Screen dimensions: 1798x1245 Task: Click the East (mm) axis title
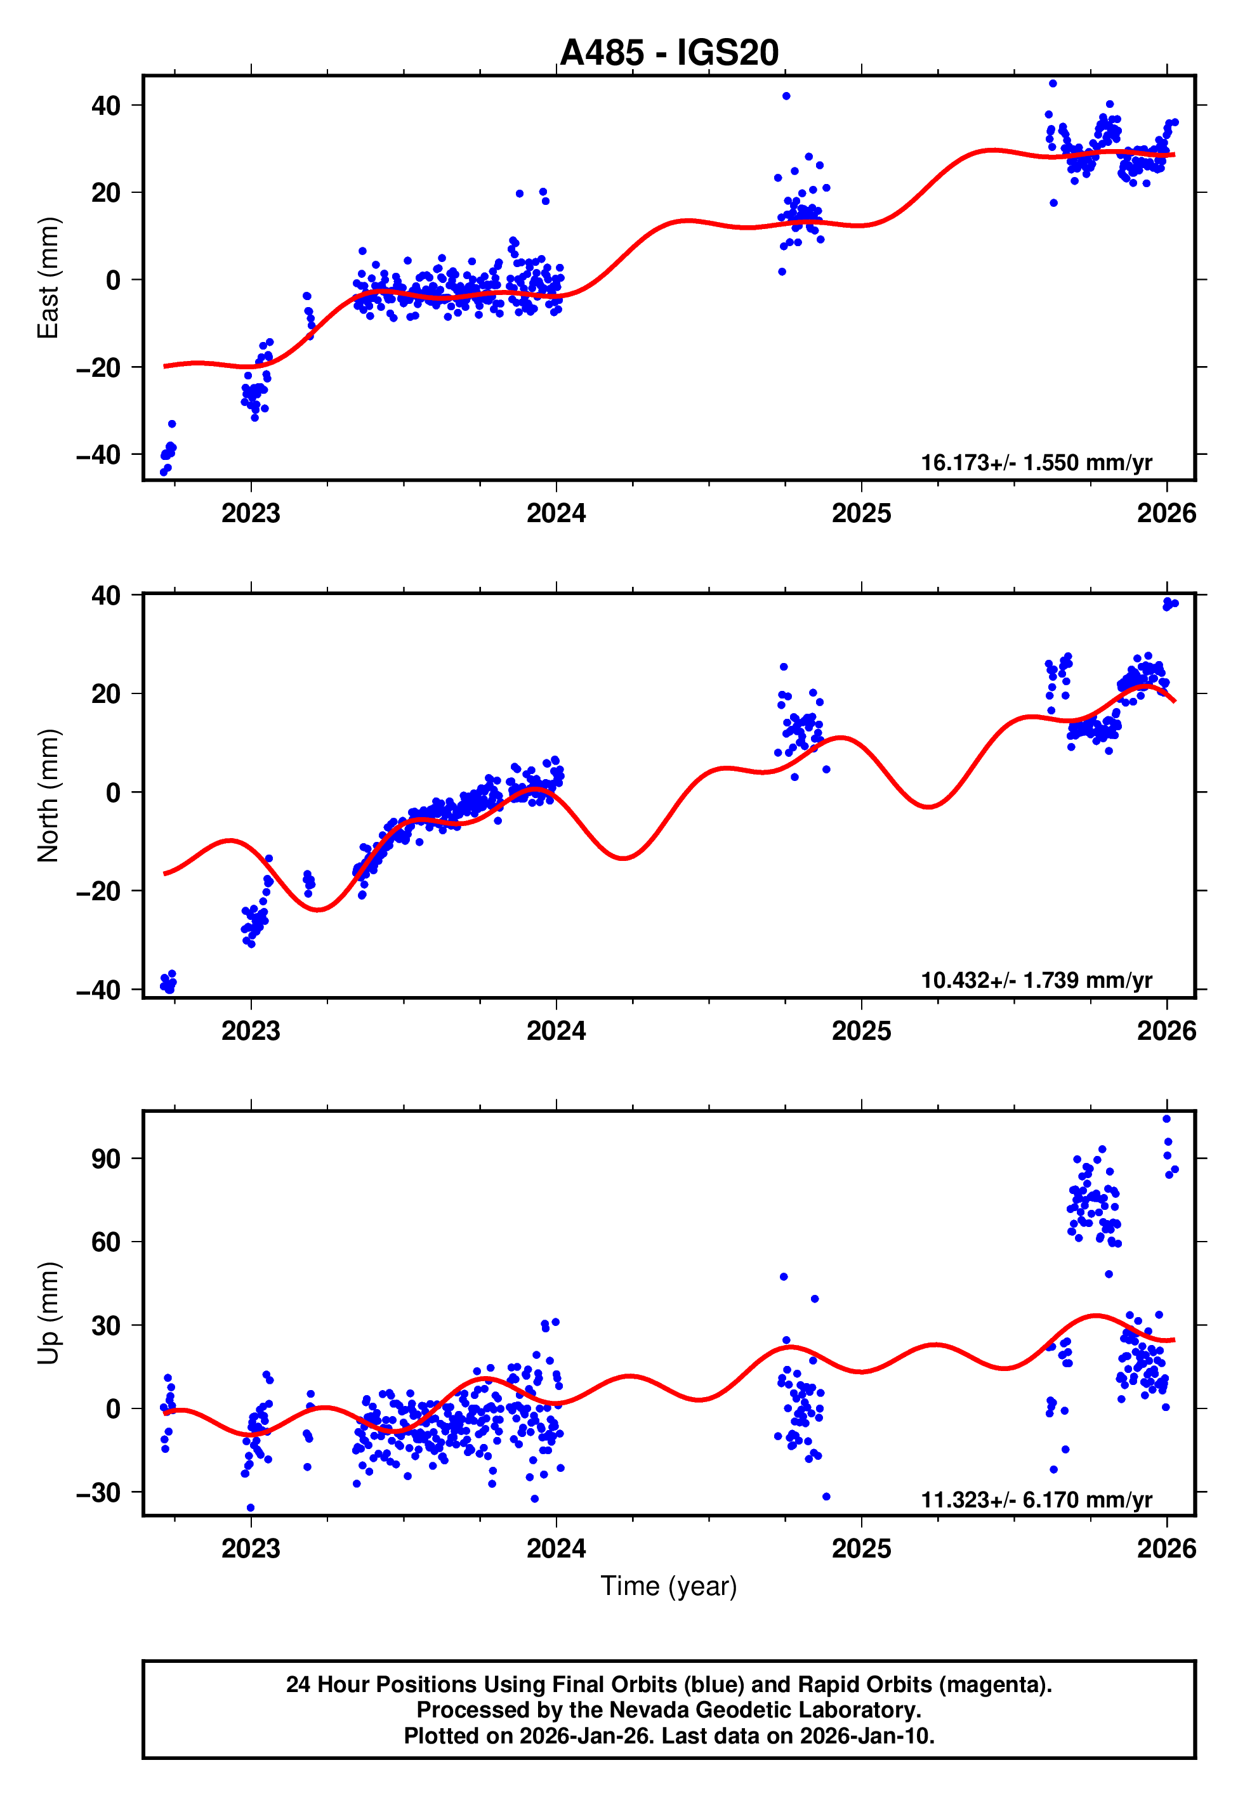(48, 278)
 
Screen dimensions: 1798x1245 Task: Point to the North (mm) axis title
(48, 796)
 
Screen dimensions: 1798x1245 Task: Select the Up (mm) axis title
(48, 1313)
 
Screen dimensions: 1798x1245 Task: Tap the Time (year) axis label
(669, 1586)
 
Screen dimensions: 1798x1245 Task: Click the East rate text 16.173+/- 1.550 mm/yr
(1036, 463)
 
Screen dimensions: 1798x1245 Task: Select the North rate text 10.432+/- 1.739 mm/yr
(1036, 980)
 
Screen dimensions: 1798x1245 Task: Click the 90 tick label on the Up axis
(106, 1158)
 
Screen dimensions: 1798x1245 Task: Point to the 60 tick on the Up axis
(106, 1242)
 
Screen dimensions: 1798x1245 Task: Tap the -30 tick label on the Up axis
(98, 1492)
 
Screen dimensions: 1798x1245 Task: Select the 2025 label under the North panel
(861, 1031)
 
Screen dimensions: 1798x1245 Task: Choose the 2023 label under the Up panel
(251, 1549)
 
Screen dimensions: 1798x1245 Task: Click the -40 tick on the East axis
(98, 454)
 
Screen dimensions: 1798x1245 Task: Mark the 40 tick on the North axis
(106, 596)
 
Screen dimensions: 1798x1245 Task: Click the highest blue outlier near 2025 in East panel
(786, 96)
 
